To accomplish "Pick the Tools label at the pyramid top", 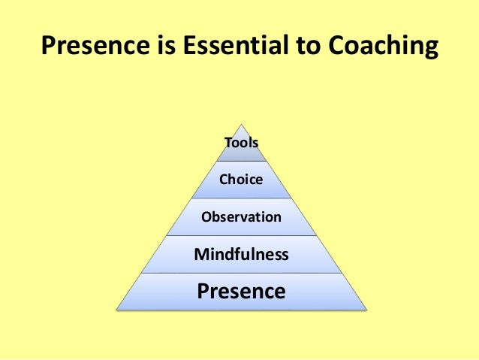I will click(241, 142).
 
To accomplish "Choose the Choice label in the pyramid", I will click(241, 180).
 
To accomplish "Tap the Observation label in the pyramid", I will click(241, 217).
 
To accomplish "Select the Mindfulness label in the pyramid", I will click(241, 254).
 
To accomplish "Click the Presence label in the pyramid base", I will click(241, 290).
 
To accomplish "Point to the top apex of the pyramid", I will click(241, 124).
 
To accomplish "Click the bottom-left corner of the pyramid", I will click(116, 310).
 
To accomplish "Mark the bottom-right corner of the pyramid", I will click(366, 310).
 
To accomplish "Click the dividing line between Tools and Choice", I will click(241, 161).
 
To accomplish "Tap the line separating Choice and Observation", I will click(241, 198).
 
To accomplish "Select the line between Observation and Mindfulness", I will click(241, 235).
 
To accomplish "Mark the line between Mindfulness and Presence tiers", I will click(241, 273).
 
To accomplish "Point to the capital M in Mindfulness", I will click(200, 254).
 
